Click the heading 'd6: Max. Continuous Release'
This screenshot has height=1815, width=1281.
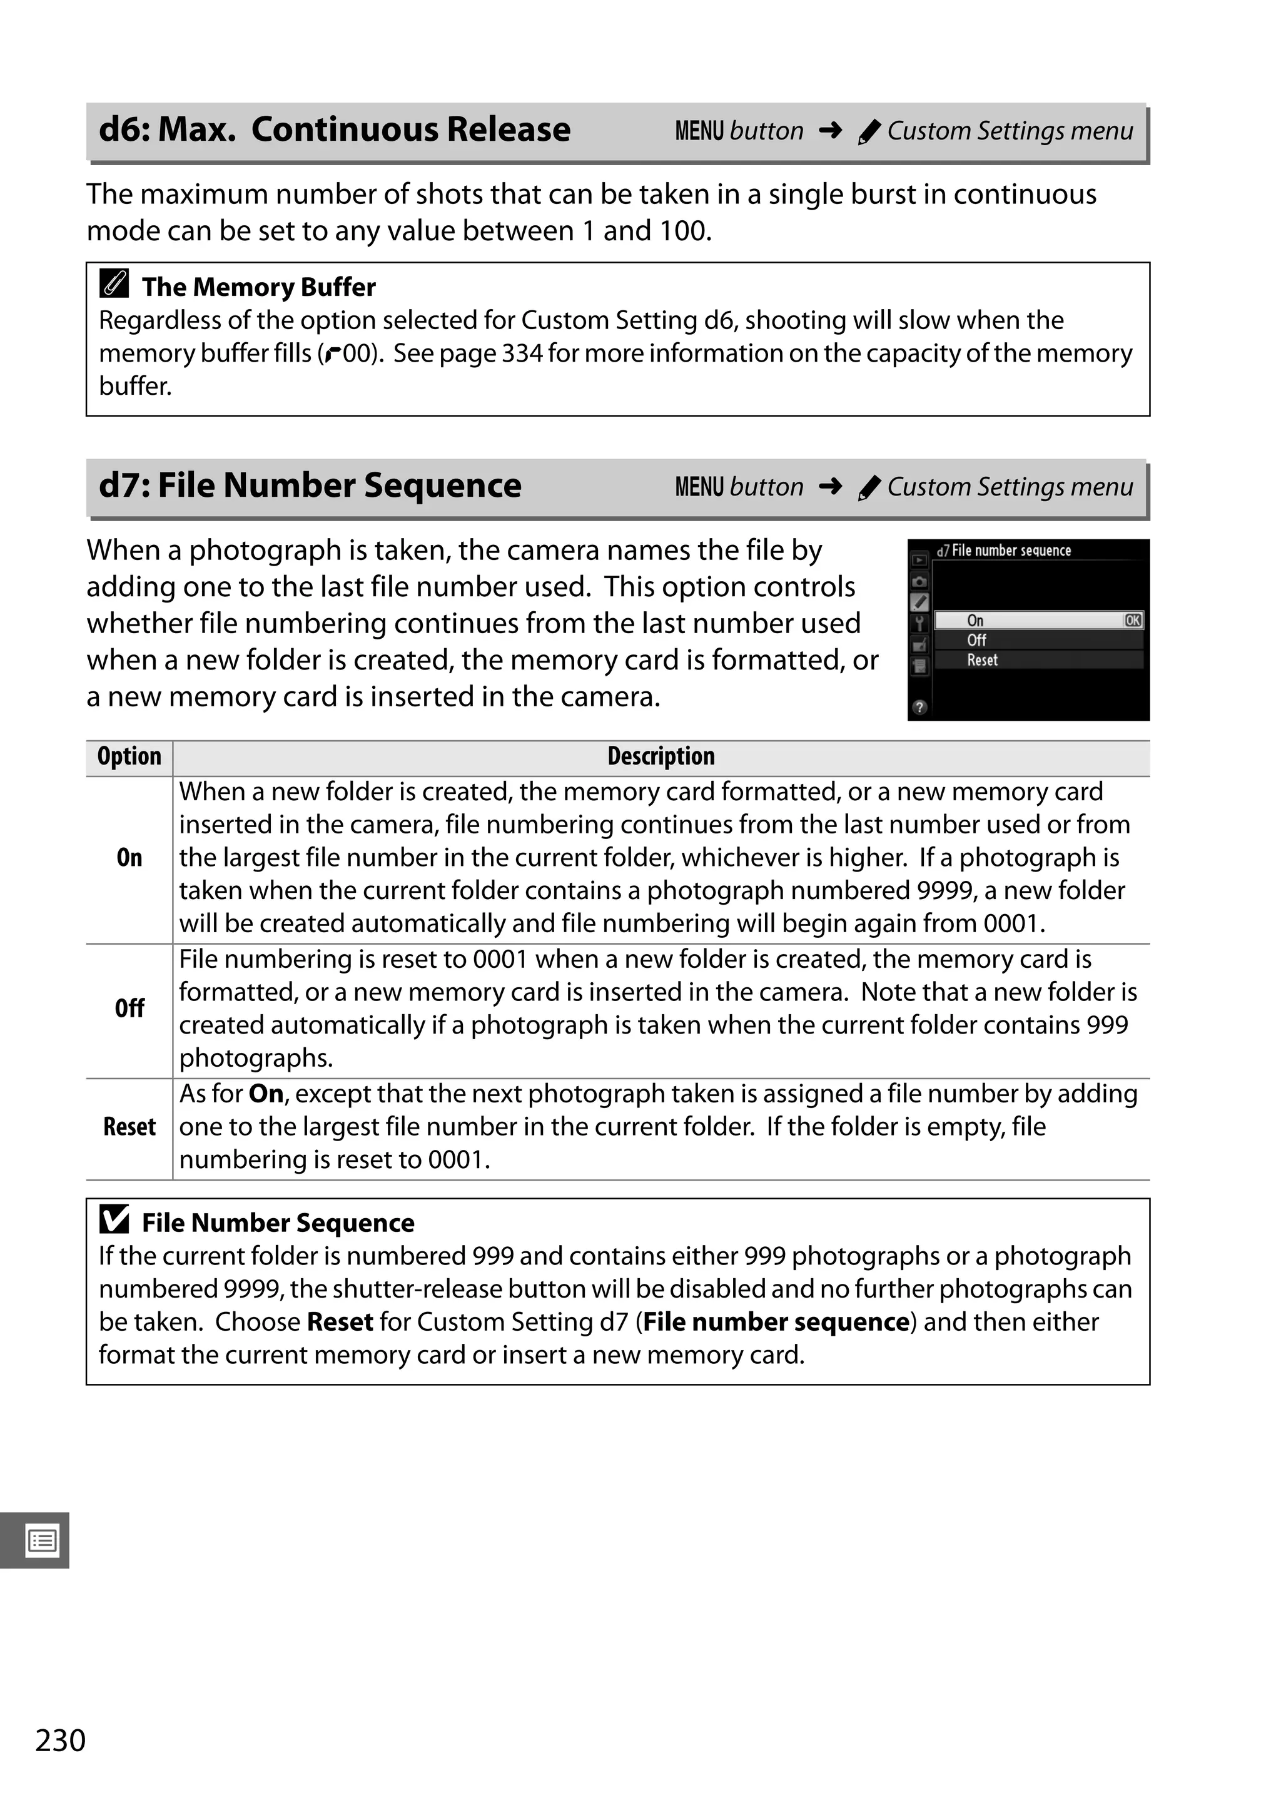click(x=333, y=130)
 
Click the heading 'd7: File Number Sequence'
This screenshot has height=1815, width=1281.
click(x=310, y=486)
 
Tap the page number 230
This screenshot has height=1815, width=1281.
click(x=60, y=1740)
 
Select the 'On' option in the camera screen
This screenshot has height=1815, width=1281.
click(x=975, y=621)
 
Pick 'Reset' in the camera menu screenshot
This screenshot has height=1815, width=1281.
click(x=982, y=660)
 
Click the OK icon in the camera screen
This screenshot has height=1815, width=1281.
click(x=1132, y=621)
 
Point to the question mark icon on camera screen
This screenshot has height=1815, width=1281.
click(x=919, y=708)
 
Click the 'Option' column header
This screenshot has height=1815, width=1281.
click(x=129, y=756)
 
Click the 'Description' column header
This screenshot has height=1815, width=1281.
click(x=661, y=756)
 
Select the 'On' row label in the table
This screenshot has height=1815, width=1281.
click(x=129, y=858)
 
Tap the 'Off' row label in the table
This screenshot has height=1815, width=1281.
click(x=129, y=1009)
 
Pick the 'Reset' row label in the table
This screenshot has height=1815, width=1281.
click(x=129, y=1126)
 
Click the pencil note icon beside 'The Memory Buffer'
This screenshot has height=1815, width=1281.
click(x=114, y=284)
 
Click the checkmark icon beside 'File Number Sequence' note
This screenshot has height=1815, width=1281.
click(x=114, y=1220)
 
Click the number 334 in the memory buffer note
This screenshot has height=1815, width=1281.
click(x=522, y=353)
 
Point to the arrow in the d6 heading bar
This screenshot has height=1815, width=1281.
click(x=830, y=130)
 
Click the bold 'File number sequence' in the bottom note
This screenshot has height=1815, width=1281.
click(x=775, y=1322)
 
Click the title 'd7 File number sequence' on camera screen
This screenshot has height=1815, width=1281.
click(x=1004, y=550)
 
